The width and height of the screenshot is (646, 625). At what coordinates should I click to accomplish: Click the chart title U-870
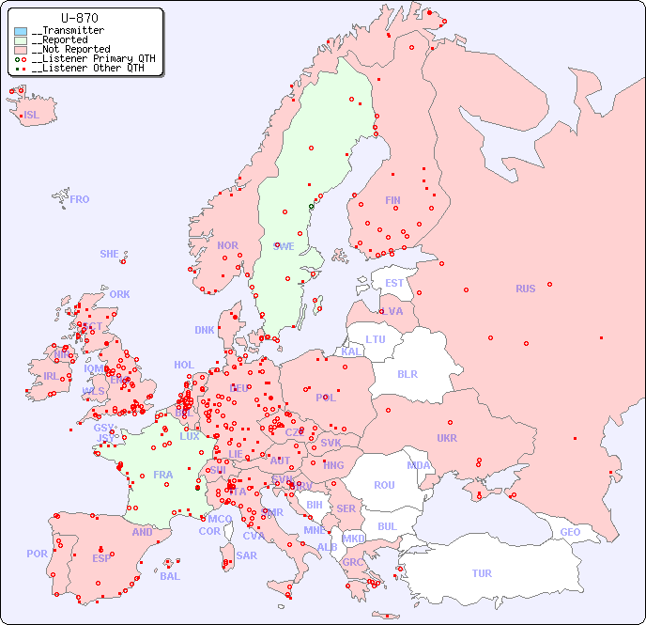pyautogui.click(x=79, y=18)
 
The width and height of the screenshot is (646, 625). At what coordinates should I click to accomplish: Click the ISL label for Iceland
pyautogui.click(x=32, y=116)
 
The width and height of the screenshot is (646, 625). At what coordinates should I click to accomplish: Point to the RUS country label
pyautogui.click(x=525, y=289)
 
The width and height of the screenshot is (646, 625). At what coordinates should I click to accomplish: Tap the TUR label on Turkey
pyautogui.click(x=482, y=573)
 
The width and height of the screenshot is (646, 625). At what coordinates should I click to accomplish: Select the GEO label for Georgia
pyautogui.click(x=570, y=532)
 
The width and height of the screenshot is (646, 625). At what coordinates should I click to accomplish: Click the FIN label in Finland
pyautogui.click(x=392, y=200)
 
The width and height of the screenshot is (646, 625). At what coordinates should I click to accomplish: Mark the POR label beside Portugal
pyautogui.click(x=37, y=554)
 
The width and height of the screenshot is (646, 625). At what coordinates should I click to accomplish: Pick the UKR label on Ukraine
pyautogui.click(x=447, y=438)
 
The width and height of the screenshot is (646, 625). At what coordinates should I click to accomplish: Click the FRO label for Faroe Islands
pyautogui.click(x=80, y=199)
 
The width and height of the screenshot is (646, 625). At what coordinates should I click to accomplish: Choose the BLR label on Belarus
pyautogui.click(x=408, y=373)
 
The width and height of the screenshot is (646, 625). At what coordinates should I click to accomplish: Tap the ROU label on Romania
pyautogui.click(x=384, y=485)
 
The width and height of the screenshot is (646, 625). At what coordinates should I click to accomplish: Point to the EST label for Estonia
pyautogui.click(x=394, y=283)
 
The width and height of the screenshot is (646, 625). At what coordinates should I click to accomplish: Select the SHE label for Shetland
pyautogui.click(x=110, y=254)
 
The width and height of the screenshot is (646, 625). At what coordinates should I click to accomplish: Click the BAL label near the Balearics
pyautogui.click(x=170, y=576)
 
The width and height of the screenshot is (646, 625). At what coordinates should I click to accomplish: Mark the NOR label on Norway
pyautogui.click(x=227, y=245)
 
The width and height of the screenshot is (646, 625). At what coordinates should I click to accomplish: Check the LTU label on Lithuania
pyautogui.click(x=376, y=339)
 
